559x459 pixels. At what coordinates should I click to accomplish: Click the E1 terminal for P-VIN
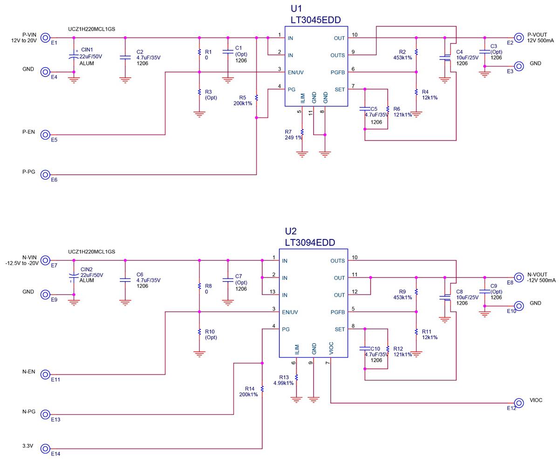[45, 38]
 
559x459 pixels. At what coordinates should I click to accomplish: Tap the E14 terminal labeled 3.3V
[45, 449]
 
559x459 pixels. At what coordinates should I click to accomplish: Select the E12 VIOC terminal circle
[518, 403]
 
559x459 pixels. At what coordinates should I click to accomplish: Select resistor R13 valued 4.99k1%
[296, 377]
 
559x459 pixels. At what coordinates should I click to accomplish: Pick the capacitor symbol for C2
[125, 57]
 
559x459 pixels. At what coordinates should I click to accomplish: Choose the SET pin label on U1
[340, 89]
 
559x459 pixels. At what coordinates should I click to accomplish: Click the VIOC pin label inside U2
[331, 348]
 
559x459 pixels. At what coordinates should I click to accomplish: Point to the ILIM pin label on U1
[302, 98]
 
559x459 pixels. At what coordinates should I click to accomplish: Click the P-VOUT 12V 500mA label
[540, 38]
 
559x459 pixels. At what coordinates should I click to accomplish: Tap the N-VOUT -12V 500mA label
[541, 277]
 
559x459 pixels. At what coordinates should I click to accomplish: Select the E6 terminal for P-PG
[45, 175]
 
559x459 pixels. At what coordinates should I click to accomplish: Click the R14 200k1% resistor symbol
[262, 388]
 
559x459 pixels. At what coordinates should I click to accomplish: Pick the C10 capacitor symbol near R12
[365, 349]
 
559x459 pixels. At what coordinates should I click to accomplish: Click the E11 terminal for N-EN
[45, 374]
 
